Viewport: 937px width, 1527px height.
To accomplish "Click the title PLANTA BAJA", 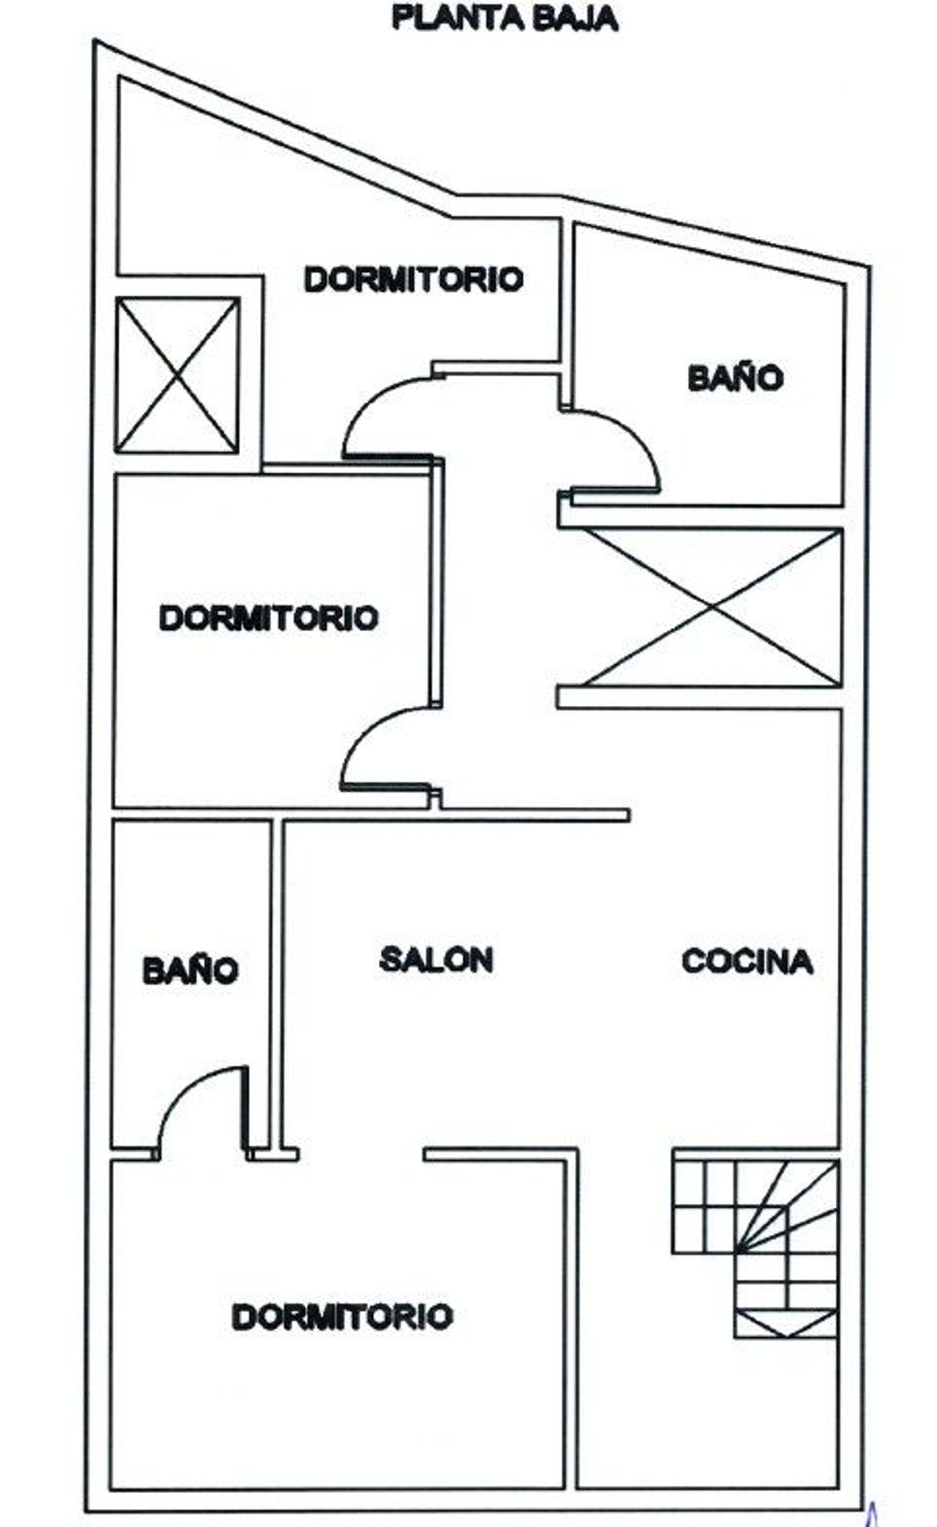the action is tap(505, 19).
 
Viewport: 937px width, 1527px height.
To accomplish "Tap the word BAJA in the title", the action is tap(575, 19).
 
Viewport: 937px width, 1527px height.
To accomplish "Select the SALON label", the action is tap(436, 959).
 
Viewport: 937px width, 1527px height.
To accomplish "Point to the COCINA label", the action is tap(747, 961).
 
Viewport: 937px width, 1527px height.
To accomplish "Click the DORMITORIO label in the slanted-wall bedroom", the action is tap(414, 279).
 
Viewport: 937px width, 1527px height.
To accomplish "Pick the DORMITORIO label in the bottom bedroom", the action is tap(342, 1317).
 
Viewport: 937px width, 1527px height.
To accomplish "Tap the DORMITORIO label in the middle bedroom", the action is tap(269, 618).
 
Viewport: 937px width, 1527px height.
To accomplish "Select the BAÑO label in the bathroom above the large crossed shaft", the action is tap(735, 378).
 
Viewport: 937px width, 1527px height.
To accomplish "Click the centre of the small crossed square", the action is tap(177, 375).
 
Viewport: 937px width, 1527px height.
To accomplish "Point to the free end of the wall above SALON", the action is tap(628, 814).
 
